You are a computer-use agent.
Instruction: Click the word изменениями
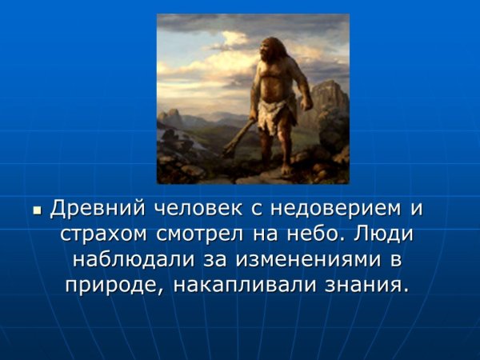[308, 261]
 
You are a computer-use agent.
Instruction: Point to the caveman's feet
[283, 170]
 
